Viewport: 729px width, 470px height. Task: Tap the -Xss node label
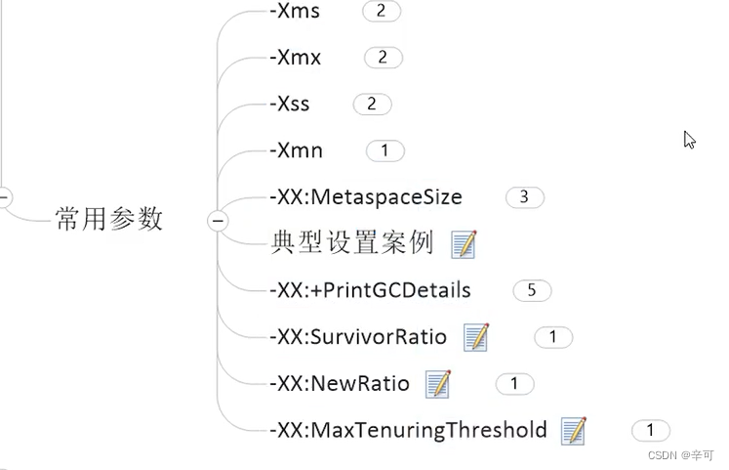point(292,104)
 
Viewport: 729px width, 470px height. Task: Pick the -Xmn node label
point(296,150)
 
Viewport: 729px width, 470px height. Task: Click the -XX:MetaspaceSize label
point(365,197)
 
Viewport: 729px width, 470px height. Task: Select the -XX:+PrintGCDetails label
point(370,290)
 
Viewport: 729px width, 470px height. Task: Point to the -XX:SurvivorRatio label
point(357,337)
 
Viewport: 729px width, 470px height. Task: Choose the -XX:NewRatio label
point(339,384)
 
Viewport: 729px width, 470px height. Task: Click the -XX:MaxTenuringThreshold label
point(408,430)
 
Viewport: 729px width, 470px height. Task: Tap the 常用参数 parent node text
point(109,219)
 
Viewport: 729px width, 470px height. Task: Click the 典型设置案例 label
point(351,243)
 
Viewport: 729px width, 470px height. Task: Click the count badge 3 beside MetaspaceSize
point(524,197)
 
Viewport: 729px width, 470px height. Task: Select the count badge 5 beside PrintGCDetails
point(532,290)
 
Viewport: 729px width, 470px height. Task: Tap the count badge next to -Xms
point(381,12)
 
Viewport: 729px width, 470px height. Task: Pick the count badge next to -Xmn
point(385,150)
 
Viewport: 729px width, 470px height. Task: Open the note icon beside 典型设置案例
point(465,244)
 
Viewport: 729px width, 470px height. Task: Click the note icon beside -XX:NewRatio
point(438,384)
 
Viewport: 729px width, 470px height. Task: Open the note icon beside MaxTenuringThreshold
point(574,430)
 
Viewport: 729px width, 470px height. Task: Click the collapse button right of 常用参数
point(218,221)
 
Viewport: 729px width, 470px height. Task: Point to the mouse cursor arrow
point(689,139)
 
